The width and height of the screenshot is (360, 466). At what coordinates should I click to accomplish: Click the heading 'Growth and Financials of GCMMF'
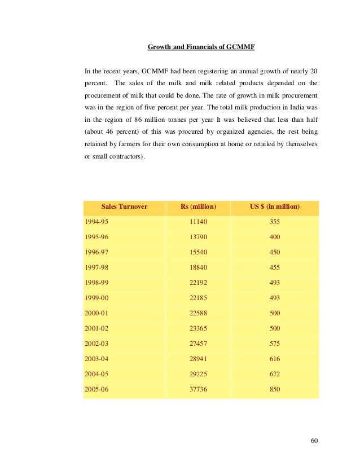tap(201, 47)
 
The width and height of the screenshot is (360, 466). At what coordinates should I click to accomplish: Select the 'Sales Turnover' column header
tap(124, 207)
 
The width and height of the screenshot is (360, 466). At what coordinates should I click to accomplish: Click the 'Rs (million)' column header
tap(198, 207)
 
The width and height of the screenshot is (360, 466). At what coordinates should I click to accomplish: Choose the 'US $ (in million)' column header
tap(275, 207)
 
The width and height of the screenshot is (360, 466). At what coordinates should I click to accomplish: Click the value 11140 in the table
tap(198, 222)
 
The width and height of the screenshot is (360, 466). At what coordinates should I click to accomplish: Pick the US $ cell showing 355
tap(275, 222)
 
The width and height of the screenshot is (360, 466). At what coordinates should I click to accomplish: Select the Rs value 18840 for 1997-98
tap(198, 267)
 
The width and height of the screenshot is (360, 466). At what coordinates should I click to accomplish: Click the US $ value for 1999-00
tap(275, 298)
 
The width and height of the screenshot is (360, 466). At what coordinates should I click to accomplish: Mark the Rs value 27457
tap(198, 344)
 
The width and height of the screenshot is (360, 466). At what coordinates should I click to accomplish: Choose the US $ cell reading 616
tap(275, 359)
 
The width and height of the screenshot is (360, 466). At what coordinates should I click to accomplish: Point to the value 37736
tap(198, 389)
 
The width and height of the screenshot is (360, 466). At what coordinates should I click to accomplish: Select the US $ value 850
tap(275, 389)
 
